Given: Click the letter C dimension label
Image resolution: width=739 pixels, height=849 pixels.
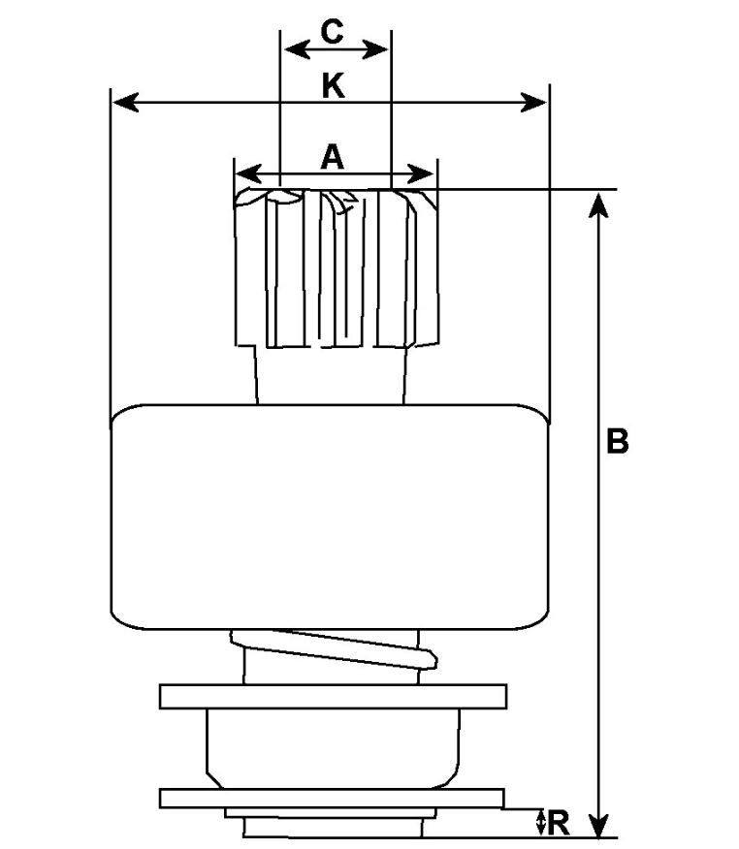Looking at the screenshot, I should click(x=332, y=32).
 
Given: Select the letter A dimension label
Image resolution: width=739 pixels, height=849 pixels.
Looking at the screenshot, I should click(x=333, y=156).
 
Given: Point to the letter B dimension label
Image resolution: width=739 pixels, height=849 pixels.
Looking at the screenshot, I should click(x=618, y=442).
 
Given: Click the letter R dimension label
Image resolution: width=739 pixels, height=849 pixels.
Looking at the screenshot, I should click(x=558, y=824).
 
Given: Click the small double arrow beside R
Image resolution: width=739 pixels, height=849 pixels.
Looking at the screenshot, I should click(x=540, y=823).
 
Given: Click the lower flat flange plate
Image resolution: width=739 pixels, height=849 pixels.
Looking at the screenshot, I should click(x=332, y=798).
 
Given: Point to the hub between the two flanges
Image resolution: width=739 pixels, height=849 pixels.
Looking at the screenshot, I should click(x=332, y=746).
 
